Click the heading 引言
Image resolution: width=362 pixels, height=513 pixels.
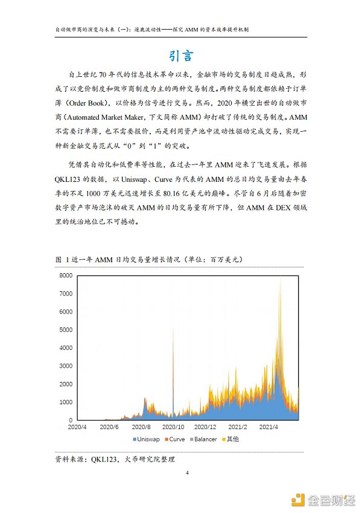coord(181,56)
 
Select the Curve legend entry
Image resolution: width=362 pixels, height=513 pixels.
coord(177,439)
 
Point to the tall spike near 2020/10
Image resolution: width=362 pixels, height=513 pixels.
coord(173,338)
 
